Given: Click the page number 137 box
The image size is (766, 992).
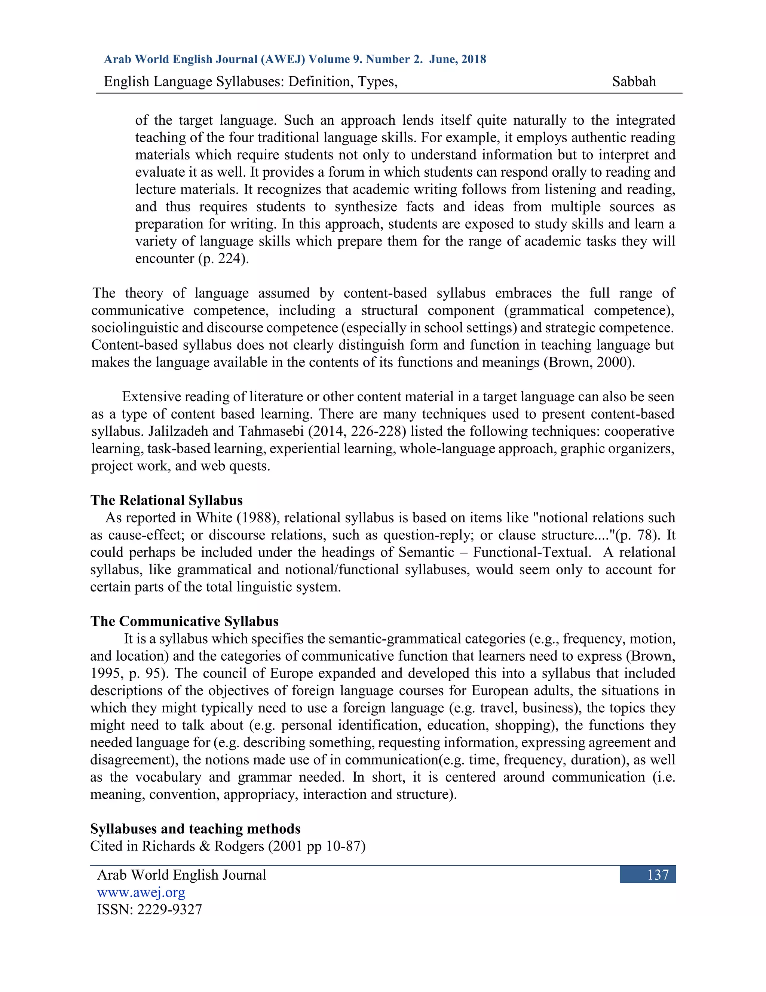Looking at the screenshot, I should pyautogui.click(x=647, y=874).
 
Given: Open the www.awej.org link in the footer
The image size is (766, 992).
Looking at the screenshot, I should pyautogui.click(x=141, y=892).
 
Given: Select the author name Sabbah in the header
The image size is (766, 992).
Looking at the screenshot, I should pyautogui.click(x=634, y=81).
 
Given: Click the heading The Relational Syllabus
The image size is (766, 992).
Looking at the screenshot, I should pyautogui.click(x=166, y=500).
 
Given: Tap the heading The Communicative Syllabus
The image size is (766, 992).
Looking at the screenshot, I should pyautogui.click(x=184, y=621).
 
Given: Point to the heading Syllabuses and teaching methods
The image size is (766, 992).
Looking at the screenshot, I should pyautogui.click(x=195, y=828).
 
